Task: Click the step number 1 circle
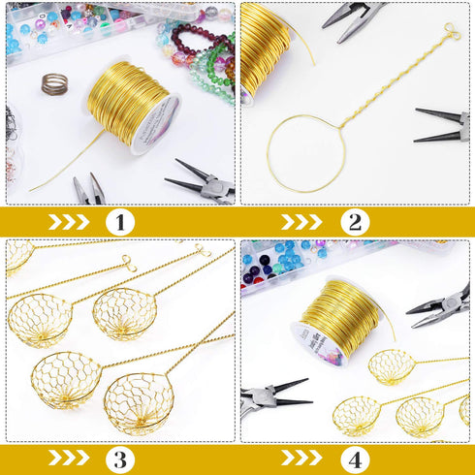pyautogui.click(x=119, y=222)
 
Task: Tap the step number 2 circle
pyautogui.click(x=355, y=222)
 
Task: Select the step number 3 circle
pyautogui.click(x=119, y=458)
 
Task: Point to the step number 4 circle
pyautogui.click(x=355, y=458)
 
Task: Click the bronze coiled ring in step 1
pyautogui.click(x=55, y=84)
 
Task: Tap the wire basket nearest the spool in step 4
pyautogui.click(x=392, y=366)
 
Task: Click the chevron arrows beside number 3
pyautogui.click(x=69, y=458)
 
